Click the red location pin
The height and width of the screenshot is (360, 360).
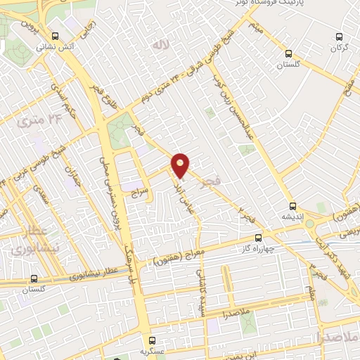point(181,165)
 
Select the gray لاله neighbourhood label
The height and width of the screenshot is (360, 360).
point(161,44)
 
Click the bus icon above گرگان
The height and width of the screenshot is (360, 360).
point(340,37)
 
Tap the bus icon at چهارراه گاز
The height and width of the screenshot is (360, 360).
point(258,238)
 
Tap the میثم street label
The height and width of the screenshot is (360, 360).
point(255,30)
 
